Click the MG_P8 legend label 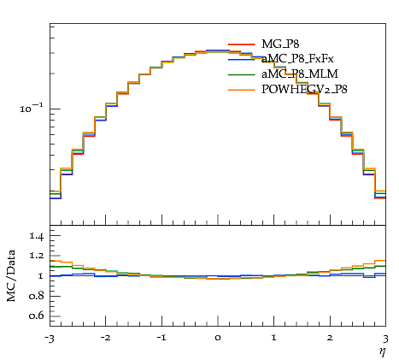coord(280,44)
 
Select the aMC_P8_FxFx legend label coord(297,59)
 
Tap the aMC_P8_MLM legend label coord(300,74)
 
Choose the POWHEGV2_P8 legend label coord(304,90)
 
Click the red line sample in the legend coord(241,44)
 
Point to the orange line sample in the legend coord(241,90)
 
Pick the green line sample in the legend coord(241,74)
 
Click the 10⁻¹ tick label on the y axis coord(32,108)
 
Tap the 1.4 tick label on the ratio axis coord(37,236)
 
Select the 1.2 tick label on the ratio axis coord(37,256)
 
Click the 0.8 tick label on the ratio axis coord(37,296)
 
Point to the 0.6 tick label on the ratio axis coord(37,316)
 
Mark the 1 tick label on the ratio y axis coord(41,276)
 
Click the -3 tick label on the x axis coord(49,339)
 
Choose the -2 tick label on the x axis coord(106,338)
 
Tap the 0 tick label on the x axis coord(218,338)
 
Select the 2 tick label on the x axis coord(330,338)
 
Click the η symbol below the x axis coord(382,352)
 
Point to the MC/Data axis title coord(11,276)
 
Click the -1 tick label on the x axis coord(161,338)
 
